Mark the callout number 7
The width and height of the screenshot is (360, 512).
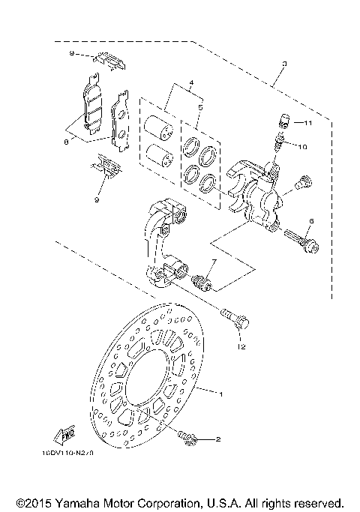tap(213, 262)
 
